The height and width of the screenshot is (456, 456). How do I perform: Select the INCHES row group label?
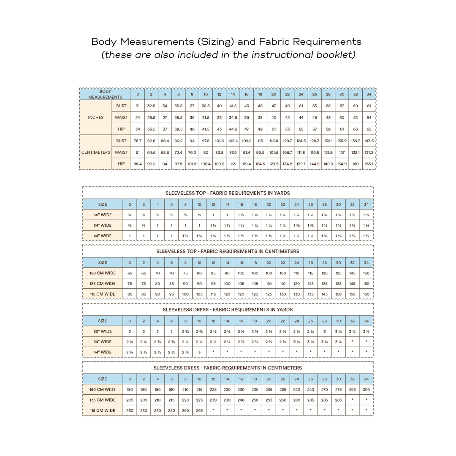point(95,117)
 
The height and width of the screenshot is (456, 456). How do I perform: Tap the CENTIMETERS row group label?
point(95,152)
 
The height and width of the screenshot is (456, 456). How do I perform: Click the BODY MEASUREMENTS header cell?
point(105,94)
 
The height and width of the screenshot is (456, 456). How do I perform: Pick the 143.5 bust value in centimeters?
point(369,141)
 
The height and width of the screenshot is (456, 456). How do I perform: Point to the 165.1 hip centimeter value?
point(369,163)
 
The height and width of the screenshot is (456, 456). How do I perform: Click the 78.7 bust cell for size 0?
point(138,141)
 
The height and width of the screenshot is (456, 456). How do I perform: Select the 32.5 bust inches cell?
point(151,106)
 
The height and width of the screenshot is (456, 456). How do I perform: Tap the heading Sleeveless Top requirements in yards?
point(228,193)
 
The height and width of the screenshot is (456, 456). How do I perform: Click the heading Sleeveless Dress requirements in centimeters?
point(228,368)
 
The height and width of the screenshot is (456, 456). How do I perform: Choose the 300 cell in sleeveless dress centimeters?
point(366,390)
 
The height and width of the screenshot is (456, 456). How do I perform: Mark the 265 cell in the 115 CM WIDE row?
point(199,410)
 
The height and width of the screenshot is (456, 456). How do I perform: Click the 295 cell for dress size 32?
point(352,390)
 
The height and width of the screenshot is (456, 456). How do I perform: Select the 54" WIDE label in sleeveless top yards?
point(103,225)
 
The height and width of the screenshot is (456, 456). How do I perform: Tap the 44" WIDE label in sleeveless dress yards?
point(103,352)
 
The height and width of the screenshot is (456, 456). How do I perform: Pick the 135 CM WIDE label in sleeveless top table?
point(103,284)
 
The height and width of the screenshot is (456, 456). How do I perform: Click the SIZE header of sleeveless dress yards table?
point(103,321)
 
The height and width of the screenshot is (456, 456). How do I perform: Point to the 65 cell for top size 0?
point(130,273)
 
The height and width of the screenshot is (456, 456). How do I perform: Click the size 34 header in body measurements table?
point(369,94)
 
